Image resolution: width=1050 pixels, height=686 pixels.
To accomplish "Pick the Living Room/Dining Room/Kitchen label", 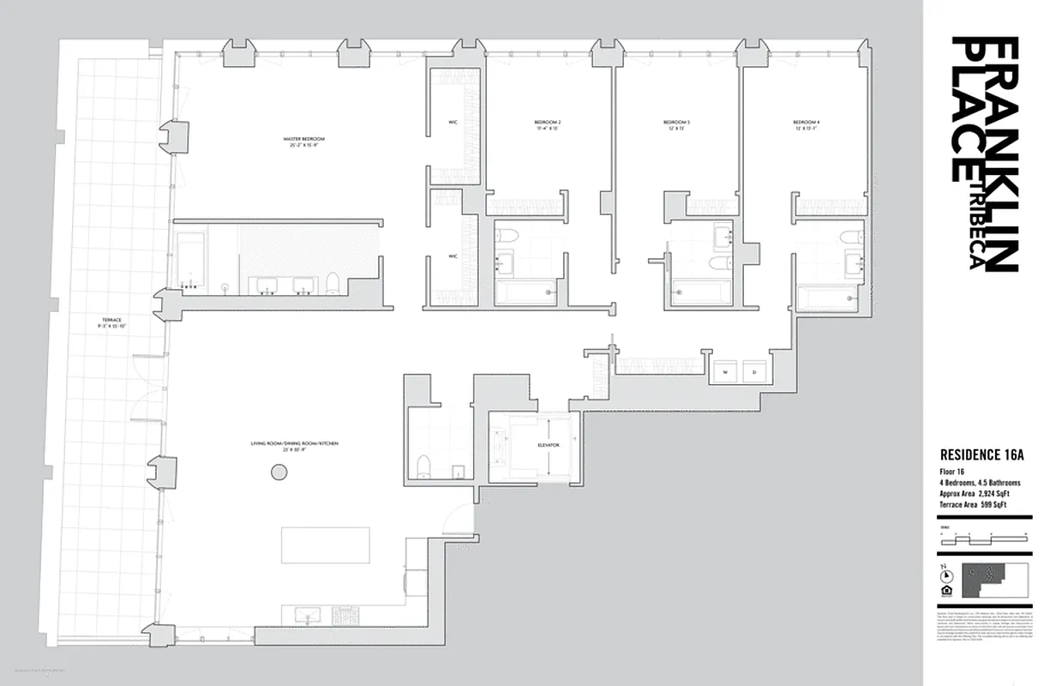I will point(295,443).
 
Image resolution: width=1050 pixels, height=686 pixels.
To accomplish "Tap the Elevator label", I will point(549,445).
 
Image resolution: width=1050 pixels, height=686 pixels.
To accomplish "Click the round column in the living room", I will point(279,471).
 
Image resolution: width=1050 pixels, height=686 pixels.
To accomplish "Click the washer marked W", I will point(725,372).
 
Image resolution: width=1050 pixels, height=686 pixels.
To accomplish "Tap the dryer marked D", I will point(754,372).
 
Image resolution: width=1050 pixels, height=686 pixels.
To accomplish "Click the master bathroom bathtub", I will point(190,258).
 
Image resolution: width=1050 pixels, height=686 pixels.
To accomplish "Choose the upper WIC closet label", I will point(453,122).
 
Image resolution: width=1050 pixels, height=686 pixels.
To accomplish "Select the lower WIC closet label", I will point(453,256).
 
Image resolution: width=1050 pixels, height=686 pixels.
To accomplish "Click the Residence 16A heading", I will point(982,455).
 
